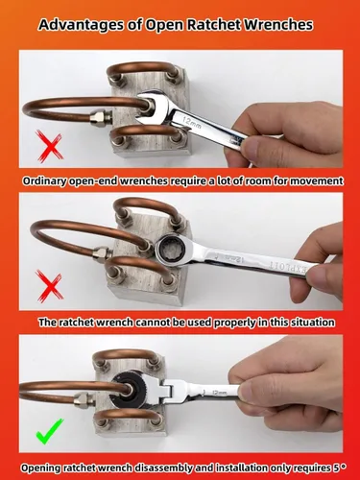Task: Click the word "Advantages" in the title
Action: (x=81, y=25)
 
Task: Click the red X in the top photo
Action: (x=50, y=146)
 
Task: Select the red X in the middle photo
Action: (x=50, y=286)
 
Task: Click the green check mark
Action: (x=49, y=431)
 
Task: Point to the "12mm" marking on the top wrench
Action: (x=192, y=123)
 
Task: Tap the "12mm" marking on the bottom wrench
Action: (x=219, y=392)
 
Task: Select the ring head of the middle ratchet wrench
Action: (x=170, y=251)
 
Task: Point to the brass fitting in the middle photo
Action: (x=102, y=253)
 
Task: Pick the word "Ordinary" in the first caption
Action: (x=44, y=181)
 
